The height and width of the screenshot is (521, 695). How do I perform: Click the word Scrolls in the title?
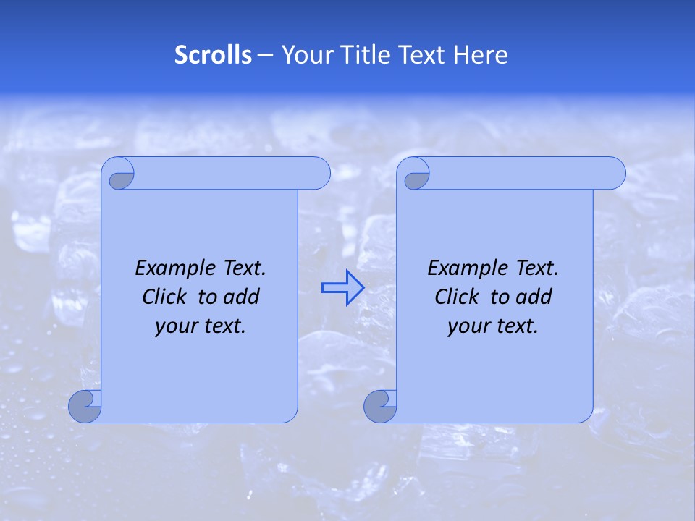point(214,55)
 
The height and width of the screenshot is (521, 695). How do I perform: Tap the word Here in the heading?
point(481,55)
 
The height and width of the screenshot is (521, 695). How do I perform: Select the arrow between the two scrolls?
point(342,287)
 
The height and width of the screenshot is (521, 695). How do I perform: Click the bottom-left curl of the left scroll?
point(85,407)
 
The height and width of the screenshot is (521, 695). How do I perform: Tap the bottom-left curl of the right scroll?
point(380,407)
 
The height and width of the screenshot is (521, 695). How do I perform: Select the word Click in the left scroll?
point(165,297)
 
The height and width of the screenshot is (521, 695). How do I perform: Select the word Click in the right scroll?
point(457,297)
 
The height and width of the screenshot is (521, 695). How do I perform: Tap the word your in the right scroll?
point(468,326)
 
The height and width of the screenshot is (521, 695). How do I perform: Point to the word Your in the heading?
point(305,55)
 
